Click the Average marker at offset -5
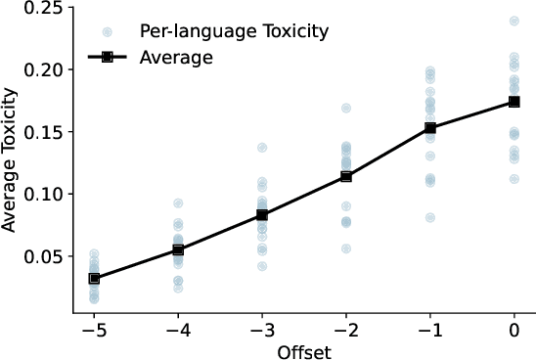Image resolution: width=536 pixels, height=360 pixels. point(94,278)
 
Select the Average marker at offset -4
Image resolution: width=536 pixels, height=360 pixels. point(178,249)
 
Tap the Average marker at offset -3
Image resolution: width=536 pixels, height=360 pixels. point(262,215)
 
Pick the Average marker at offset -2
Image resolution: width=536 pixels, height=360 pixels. point(346,176)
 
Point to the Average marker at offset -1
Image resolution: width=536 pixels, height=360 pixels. point(430,128)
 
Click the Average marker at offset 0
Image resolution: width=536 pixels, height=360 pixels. point(514,102)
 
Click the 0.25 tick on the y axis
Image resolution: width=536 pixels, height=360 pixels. point(46,9)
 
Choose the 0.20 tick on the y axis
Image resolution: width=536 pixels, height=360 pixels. point(46,70)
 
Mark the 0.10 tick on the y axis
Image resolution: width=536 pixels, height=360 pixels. point(46,195)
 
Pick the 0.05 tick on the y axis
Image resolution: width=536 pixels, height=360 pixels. point(46,256)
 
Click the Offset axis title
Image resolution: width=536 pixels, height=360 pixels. point(304,350)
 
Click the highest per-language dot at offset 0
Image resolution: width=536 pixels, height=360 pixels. point(514,21)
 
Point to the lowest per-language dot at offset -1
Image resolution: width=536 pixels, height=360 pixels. point(430,217)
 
